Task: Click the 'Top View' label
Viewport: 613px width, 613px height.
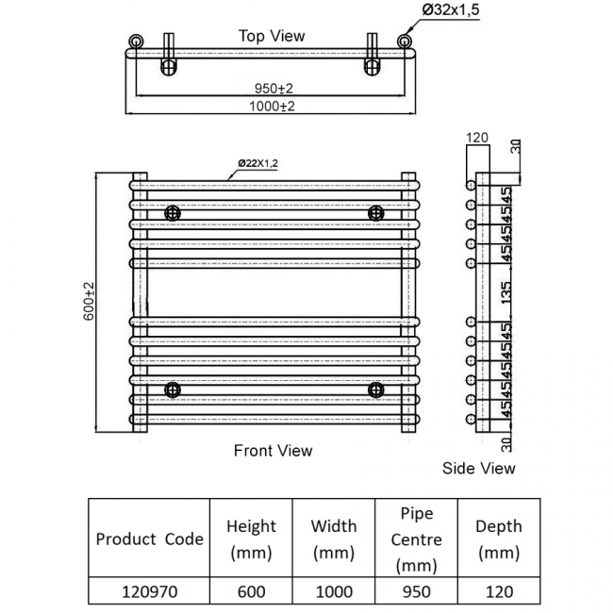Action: pos(272,36)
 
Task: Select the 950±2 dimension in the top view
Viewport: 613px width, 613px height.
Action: pos(273,88)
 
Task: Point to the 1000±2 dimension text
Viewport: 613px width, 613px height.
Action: pos(273,107)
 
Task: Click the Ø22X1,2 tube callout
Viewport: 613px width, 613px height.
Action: pos(258,163)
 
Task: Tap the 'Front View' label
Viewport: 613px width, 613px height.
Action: pos(273,451)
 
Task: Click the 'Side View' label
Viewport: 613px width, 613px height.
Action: pos(479,468)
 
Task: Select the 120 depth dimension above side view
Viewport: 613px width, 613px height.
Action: pos(477,138)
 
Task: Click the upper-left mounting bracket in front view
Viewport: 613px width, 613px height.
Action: pos(173,212)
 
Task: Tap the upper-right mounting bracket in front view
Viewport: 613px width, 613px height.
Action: pos(376,212)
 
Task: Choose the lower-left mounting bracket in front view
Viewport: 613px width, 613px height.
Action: pos(173,389)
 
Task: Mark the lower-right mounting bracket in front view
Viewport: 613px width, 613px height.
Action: pos(376,389)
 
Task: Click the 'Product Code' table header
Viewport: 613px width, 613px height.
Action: pos(149,539)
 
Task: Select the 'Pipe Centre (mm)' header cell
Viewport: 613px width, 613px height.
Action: pos(416,539)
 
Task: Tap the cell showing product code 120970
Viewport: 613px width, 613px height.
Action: pos(149,592)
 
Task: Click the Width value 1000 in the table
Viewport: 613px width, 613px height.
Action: pos(334,592)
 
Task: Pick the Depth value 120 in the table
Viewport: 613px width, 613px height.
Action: pos(498,592)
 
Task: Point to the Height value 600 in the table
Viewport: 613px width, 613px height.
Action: pos(251,592)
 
